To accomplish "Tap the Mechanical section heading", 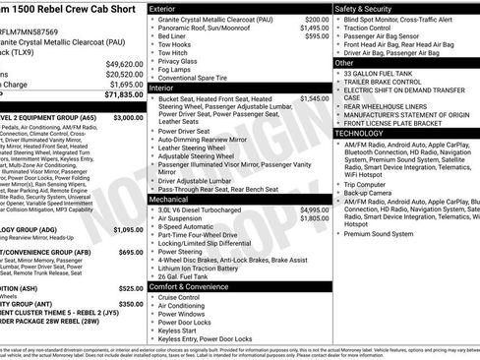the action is (x=169, y=198).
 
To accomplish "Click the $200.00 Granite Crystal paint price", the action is (x=317, y=20).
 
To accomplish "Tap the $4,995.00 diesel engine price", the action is (x=315, y=210).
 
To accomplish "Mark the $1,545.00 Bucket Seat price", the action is (x=315, y=98).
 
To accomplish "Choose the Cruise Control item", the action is (x=185, y=296).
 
